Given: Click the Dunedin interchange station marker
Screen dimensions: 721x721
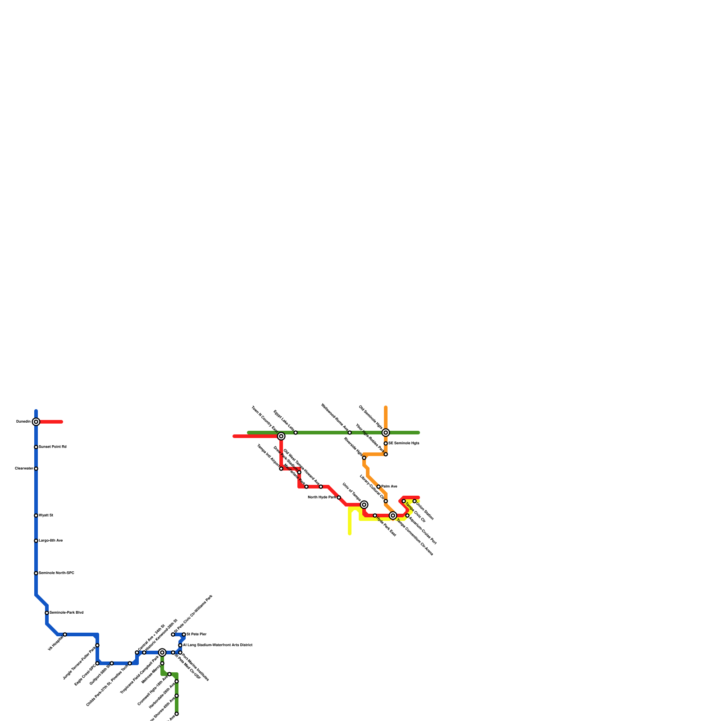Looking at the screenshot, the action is tap(36, 422).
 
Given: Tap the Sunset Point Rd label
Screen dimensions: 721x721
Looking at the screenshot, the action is tap(53, 447).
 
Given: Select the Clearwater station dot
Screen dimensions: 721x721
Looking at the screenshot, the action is tap(36, 469).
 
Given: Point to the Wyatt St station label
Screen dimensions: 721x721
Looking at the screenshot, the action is tap(46, 516).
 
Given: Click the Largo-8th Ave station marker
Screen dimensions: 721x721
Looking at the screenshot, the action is tap(36, 541).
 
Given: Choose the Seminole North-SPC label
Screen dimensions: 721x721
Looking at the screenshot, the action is tap(56, 573).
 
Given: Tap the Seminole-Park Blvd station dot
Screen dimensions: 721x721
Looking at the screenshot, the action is tap(47, 613).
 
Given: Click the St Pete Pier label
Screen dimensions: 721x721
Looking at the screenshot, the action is tap(196, 634).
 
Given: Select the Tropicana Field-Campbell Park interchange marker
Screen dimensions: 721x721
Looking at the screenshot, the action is tap(162, 653).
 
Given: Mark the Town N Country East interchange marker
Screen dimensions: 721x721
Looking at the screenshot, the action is tap(281, 436).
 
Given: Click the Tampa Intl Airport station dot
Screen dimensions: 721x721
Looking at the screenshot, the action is tap(281, 469).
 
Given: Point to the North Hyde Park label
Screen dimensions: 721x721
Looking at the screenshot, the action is tap(322, 497).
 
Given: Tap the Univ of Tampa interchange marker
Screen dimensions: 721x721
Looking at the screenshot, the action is tap(364, 505).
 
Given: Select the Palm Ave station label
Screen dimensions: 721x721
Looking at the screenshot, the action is tap(389, 487).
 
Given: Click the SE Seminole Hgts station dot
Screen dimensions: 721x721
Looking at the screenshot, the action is tap(386, 443).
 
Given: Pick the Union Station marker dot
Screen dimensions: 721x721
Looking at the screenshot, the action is tap(415, 501).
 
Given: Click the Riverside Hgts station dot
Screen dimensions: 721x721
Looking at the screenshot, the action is tap(364, 458).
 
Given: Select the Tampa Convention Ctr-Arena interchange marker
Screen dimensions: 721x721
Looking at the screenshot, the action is tap(393, 516).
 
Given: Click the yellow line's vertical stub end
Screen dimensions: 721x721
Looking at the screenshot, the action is tap(350, 534).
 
